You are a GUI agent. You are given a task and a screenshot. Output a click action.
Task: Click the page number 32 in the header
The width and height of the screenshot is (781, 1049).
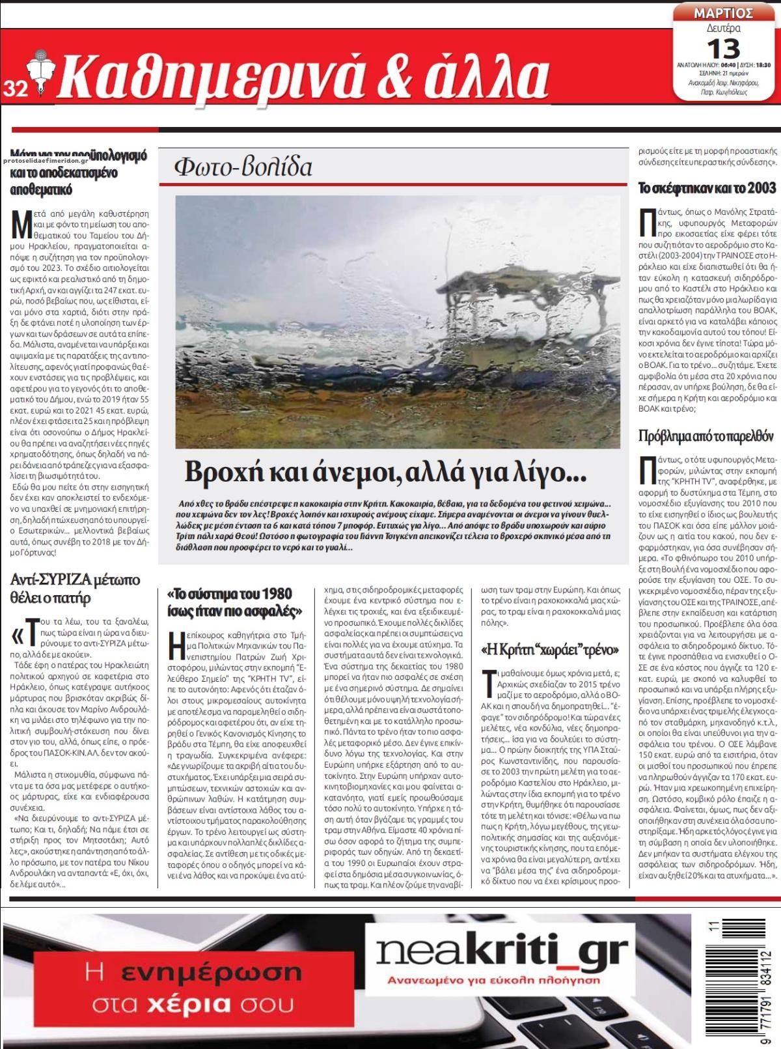tap(15, 89)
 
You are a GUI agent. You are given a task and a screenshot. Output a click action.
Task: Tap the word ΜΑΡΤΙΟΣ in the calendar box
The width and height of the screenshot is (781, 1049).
tap(723, 12)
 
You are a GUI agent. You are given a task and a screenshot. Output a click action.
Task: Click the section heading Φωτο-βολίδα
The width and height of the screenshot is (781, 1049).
tap(243, 167)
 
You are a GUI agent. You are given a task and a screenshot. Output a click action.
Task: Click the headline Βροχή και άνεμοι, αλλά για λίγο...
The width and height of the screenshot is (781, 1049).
tap(385, 472)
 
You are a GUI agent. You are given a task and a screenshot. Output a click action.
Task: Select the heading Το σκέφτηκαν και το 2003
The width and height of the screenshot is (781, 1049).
tap(707, 188)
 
